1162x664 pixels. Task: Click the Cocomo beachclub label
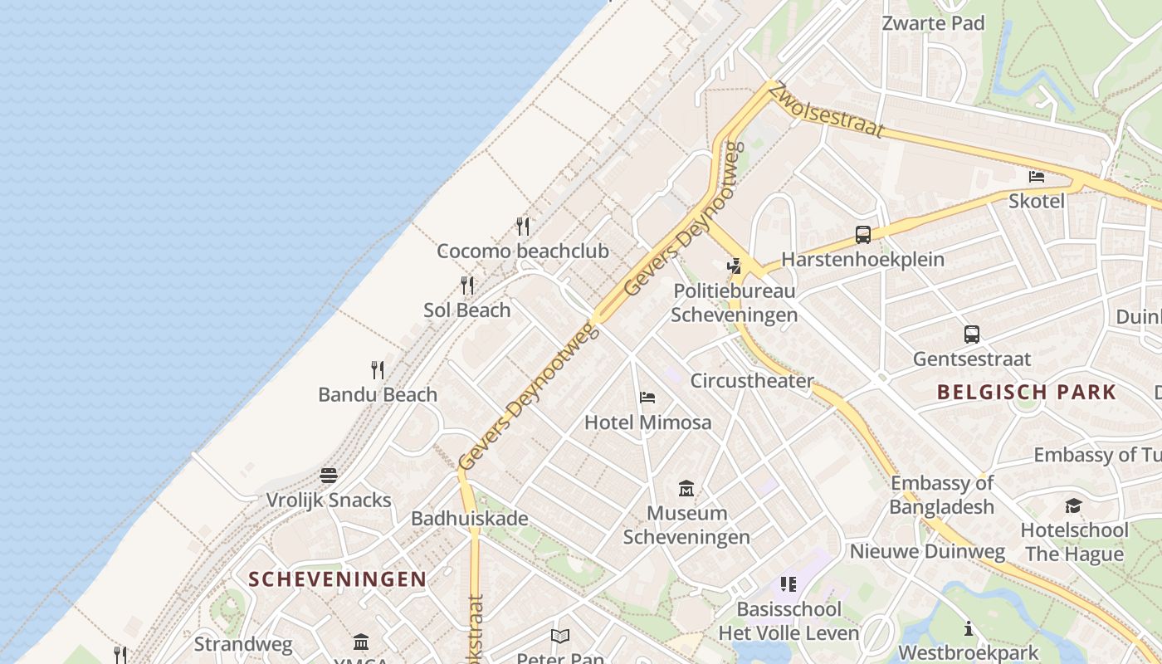[x=522, y=251]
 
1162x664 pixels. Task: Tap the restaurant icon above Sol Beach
[x=467, y=286]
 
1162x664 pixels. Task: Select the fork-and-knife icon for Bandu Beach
[x=378, y=369]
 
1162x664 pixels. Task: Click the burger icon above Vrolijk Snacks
[x=329, y=476]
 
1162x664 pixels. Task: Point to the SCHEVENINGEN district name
[x=338, y=579]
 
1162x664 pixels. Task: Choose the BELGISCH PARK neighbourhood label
[x=1027, y=392]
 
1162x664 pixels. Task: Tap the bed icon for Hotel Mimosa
[x=647, y=398]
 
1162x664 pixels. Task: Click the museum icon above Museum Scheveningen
[x=686, y=488]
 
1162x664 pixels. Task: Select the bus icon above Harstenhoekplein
[x=863, y=235]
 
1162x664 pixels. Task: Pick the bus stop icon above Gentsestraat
[x=972, y=334]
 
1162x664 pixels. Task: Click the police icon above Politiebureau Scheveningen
[x=734, y=266]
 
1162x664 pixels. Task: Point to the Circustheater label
[x=752, y=381]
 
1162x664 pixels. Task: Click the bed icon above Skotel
[x=1037, y=176]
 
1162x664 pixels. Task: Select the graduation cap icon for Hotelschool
[x=1074, y=505]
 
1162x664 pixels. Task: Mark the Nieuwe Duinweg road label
[x=926, y=551]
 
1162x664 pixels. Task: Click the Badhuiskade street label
[x=470, y=519]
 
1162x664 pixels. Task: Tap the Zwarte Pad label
[x=933, y=23]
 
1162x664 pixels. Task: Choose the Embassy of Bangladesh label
[x=941, y=495]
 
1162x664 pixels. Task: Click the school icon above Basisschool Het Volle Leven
[x=788, y=584]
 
